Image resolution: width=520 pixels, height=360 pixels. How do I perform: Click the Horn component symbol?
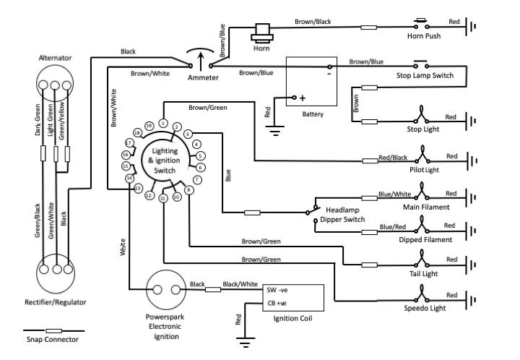click(261, 32)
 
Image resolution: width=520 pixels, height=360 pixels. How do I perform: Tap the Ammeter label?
click(202, 77)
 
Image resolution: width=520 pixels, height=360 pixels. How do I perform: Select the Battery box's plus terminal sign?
click(302, 98)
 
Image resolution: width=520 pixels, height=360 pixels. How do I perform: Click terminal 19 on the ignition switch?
click(149, 126)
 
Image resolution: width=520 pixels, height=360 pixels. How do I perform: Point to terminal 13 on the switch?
click(138, 188)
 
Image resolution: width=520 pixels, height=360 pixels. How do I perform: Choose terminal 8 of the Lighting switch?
click(188, 190)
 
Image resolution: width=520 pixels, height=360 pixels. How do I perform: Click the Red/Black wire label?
click(393, 157)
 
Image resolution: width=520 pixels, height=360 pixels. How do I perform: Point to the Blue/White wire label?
click(394, 194)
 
